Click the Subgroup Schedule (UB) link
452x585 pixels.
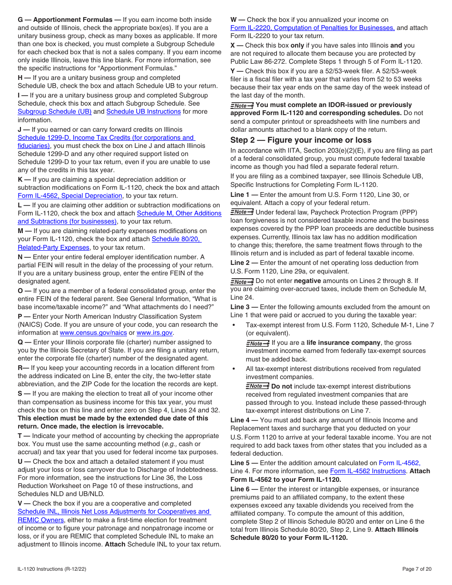coord(54,112)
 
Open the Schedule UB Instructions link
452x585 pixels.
coord(143,112)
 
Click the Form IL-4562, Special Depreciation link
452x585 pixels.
coord(70,196)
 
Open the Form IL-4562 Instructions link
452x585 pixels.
coord(368,471)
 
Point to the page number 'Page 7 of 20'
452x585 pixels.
coord(417,569)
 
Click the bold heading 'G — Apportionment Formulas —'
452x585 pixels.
coord(69,20)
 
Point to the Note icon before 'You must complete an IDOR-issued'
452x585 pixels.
coord(242,105)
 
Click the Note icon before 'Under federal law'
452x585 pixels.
coord(242,212)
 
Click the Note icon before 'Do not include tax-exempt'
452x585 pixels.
coord(257,386)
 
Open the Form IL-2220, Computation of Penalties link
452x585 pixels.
coord(312,28)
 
